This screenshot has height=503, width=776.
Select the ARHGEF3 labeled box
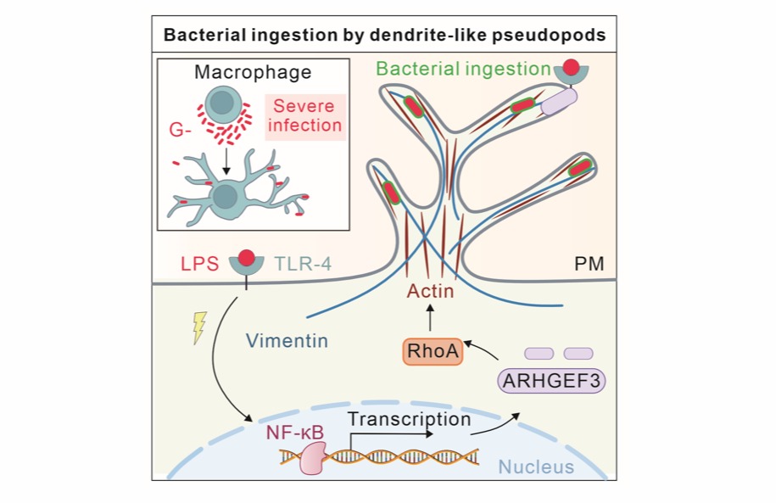(x=552, y=381)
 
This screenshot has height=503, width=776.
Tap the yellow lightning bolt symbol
(x=200, y=327)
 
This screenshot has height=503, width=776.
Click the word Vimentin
(x=287, y=341)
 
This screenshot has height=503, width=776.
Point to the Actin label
(x=430, y=291)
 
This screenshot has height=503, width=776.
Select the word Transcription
(x=409, y=419)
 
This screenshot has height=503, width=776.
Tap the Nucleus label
(x=535, y=467)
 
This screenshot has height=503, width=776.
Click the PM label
(x=589, y=264)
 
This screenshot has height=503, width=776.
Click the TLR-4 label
(x=303, y=264)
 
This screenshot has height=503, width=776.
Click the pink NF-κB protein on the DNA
(x=311, y=458)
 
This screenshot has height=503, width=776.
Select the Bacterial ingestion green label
(x=463, y=69)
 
